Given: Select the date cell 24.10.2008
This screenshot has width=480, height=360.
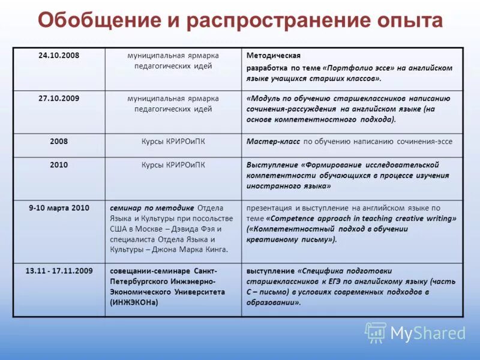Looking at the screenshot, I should [x=59, y=56].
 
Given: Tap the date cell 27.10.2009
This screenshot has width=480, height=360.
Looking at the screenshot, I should [x=59, y=98].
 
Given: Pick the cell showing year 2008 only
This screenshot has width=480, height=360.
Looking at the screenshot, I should [x=59, y=142].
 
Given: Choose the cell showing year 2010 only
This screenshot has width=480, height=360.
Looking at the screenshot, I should [x=59, y=165].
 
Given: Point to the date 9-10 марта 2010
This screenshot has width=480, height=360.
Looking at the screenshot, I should [x=59, y=208].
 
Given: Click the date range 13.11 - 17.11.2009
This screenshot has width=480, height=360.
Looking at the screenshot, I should [x=59, y=271].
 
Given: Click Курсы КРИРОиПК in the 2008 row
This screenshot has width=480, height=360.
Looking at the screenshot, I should [x=173, y=142].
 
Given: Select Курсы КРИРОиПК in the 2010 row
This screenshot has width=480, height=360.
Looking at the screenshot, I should [x=173, y=165].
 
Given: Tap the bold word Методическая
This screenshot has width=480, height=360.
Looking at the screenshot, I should [x=273, y=56].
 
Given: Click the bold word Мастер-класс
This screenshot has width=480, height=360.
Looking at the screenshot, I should [x=273, y=142].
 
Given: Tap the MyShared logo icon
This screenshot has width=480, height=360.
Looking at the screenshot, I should [x=376, y=332].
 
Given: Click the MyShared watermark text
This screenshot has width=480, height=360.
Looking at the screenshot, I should [x=428, y=334].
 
